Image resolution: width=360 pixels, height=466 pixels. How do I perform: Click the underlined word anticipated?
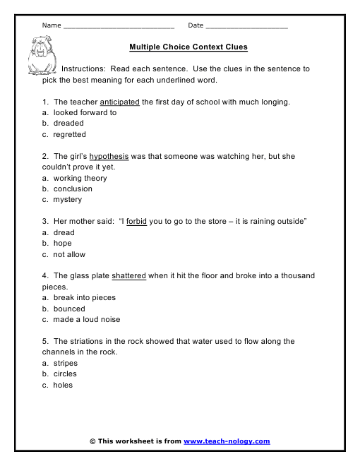(x=120, y=102)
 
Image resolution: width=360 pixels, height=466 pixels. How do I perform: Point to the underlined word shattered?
(x=128, y=276)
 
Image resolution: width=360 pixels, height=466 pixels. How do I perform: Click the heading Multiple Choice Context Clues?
(x=188, y=47)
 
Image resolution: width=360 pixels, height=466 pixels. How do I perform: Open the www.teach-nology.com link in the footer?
(x=227, y=441)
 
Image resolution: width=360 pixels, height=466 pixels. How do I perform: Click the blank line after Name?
(x=119, y=26)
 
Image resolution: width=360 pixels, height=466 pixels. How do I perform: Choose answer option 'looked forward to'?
(x=85, y=112)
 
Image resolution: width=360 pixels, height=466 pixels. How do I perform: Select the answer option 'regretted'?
(x=69, y=134)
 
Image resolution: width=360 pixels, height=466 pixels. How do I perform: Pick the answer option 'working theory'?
(x=80, y=178)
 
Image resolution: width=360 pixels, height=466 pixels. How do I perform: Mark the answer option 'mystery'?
(x=67, y=200)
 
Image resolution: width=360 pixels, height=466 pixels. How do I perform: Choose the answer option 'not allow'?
(x=69, y=254)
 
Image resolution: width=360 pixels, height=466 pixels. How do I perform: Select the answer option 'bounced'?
(x=68, y=309)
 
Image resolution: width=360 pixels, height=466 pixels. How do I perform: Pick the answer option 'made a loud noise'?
(x=86, y=319)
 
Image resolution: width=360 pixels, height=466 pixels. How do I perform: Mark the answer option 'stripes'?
(x=65, y=363)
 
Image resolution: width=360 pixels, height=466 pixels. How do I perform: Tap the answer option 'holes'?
(x=63, y=385)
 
